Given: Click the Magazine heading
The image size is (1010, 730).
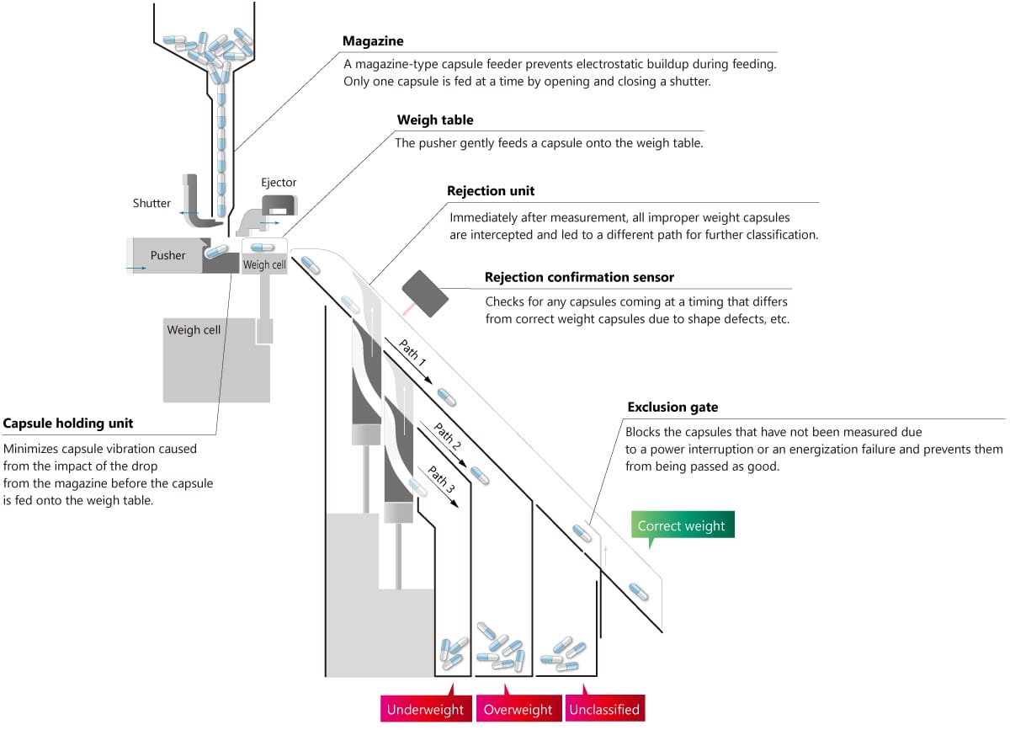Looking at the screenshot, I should click(x=373, y=41).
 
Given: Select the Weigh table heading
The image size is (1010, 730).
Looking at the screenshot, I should click(x=428, y=120).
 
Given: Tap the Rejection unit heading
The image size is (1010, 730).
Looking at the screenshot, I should click(x=491, y=191).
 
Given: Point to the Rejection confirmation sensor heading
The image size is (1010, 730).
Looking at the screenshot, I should click(x=579, y=277).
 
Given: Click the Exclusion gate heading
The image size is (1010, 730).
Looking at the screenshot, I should click(x=672, y=408).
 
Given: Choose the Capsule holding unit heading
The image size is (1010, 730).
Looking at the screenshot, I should click(x=68, y=423).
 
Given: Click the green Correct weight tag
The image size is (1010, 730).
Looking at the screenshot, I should click(x=681, y=526).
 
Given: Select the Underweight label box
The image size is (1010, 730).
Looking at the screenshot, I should click(x=425, y=710).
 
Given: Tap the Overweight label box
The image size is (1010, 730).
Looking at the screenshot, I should click(x=518, y=710).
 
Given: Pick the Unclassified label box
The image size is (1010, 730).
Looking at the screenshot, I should click(x=604, y=710).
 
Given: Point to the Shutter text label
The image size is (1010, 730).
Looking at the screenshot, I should click(x=151, y=203).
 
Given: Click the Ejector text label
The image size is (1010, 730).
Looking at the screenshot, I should click(x=279, y=182).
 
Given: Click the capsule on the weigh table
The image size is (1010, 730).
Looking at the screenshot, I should click(x=263, y=247).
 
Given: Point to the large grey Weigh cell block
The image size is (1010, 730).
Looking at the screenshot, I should click(x=216, y=358).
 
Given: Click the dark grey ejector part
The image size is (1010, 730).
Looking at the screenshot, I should click(x=280, y=205).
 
